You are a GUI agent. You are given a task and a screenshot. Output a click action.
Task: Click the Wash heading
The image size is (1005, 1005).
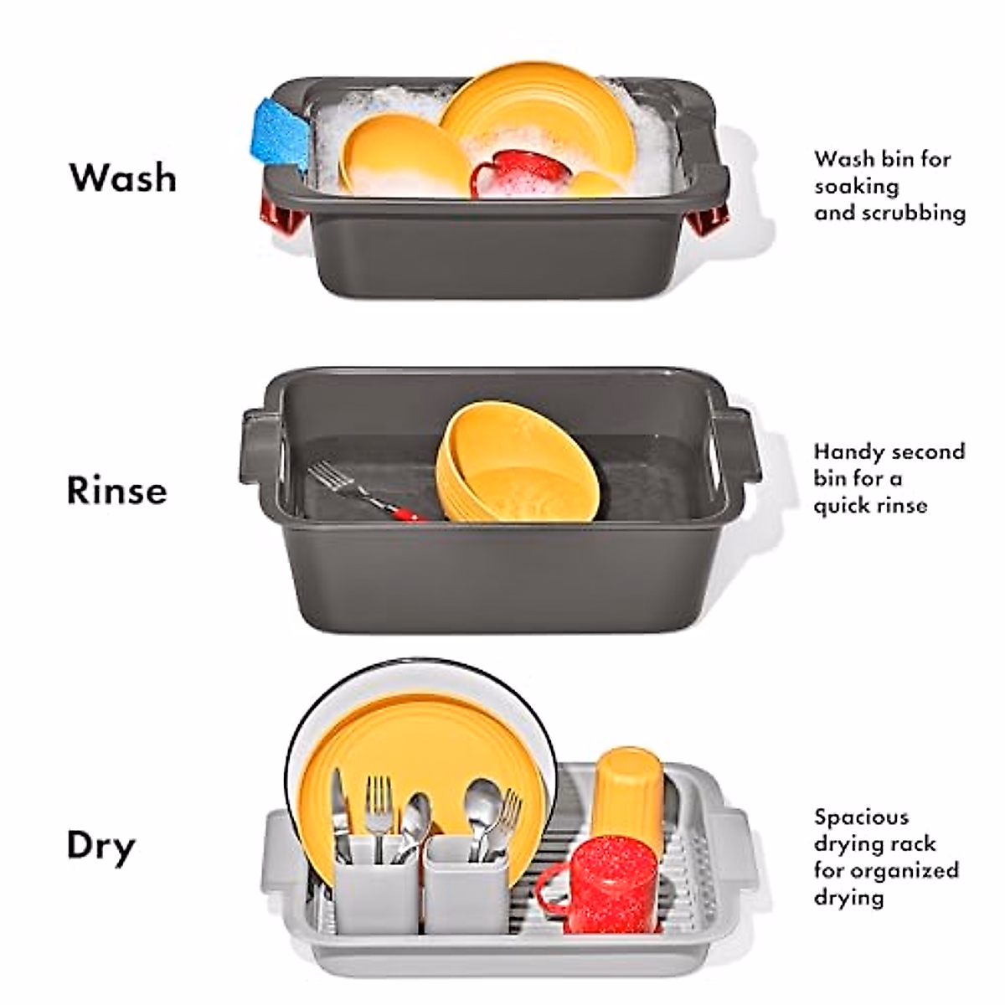123,178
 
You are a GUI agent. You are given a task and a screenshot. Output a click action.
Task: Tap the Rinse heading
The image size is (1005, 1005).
117,490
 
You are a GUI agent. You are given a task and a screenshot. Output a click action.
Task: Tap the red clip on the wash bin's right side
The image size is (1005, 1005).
709,219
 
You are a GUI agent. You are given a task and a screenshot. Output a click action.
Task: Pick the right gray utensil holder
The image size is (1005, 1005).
465,884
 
